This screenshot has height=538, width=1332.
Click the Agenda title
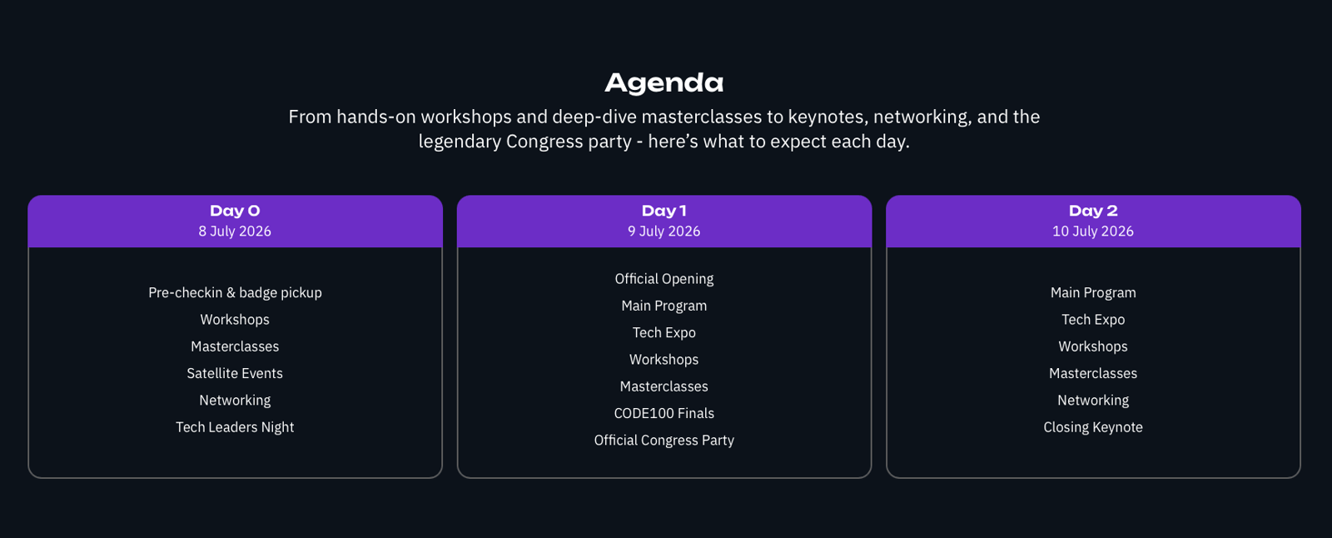(664, 83)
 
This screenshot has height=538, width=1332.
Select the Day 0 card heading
(235, 211)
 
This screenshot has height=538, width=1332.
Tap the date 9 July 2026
(664, 231)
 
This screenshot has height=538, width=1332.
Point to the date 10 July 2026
(1093, 231)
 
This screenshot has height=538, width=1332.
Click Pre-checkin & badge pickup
(235, 293)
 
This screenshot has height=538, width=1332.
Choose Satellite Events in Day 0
(235, 373)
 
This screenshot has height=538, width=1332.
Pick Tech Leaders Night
(235, 427)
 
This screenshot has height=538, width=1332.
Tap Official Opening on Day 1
(664, 279)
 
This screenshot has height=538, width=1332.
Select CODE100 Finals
(664, 413)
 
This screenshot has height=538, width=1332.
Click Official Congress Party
(664, 441)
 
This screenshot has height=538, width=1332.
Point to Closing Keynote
(1093, 427)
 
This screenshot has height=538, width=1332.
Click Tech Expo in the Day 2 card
(1093, 320)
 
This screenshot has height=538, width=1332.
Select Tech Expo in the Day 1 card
(664, 332)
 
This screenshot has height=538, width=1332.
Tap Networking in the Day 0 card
(235, 401)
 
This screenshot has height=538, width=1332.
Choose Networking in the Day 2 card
(1093, 401)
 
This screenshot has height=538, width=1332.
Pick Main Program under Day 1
(664, 306)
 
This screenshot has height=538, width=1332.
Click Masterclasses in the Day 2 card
(1093, 373)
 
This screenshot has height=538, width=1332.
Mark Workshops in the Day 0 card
(235, 320)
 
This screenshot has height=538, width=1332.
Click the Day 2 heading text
(1093, 211)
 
